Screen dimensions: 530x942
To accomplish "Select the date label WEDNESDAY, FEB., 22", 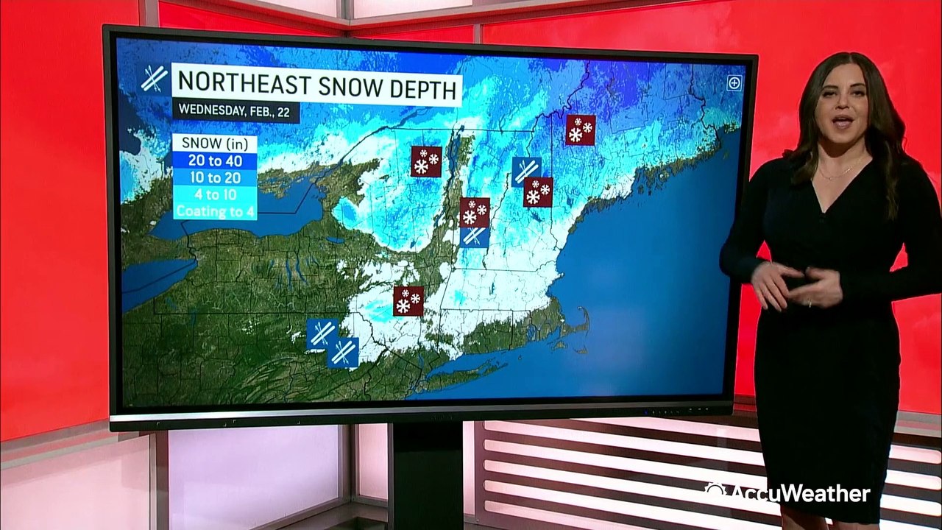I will tap(235, 111).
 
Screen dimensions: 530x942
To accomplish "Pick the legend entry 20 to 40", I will tap(215, 160).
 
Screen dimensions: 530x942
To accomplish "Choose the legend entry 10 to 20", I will tap(215, 177).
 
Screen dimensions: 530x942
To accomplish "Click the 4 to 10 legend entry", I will tap(215, 194).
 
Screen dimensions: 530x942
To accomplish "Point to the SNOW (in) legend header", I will tap(215, 143).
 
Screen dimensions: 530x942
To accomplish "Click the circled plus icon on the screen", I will tap(734, 82).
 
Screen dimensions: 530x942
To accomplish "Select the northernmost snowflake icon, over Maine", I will tap(580, 130).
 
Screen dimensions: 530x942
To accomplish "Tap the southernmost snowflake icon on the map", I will tap(408, 301).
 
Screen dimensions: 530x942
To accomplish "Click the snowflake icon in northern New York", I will tap(426, 161).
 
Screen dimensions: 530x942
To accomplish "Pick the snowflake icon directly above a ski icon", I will tap(475, 212).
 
